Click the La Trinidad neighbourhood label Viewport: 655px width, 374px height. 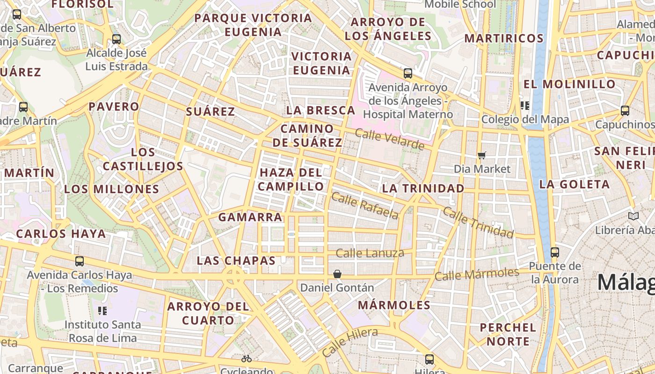[423, 188]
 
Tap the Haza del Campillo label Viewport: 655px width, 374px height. [291, 180]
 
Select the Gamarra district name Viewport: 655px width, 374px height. [250, 217]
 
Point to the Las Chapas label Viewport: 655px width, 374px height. [236, 260]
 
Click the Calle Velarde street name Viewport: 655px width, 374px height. [389, 139]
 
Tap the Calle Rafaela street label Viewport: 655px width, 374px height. [365, 205]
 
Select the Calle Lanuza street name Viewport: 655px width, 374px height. [370, 253]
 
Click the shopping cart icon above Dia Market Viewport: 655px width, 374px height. [482, 155]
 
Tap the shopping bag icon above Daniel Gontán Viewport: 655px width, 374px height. [337, 274]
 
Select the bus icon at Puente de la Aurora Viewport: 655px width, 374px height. [555, 252]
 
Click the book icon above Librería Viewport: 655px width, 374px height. [633, 216]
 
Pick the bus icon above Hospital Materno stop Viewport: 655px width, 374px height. [408, 73]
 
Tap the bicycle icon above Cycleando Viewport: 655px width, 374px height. [247, 359]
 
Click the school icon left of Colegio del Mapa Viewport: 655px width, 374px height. [524, 106]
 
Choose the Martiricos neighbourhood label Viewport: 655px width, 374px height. [503, 38]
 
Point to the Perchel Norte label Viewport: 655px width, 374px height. [508, 334]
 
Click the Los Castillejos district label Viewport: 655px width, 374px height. [143, 159]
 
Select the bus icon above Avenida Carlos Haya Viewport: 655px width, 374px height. [80, 261]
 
